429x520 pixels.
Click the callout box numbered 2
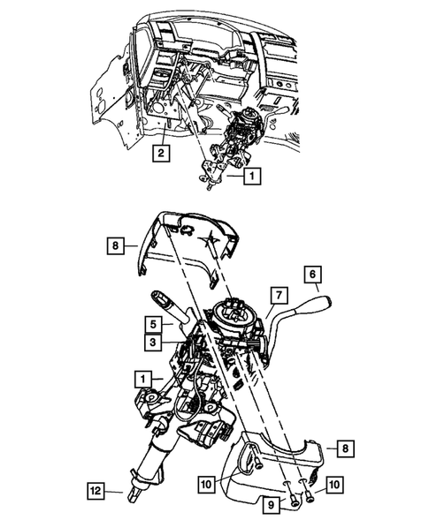click(160, 153)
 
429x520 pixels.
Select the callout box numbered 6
click(313, 273)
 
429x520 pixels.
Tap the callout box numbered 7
click(276, 293)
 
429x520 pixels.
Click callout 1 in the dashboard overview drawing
click(253, 176)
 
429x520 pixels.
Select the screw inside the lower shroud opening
click(255, 457)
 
